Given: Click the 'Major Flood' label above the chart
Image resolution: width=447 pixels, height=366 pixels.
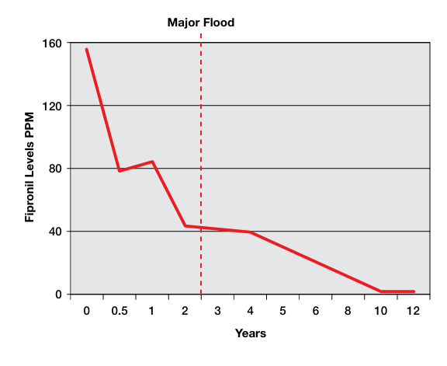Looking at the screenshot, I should [x=201, y=23].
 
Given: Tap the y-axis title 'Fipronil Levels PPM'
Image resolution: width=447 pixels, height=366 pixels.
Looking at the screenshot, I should [x=29, y=169].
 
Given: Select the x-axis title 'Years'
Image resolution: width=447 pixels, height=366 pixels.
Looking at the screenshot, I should [x=251, y=333].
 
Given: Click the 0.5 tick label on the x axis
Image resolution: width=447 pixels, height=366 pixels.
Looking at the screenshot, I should [x=120, y=311].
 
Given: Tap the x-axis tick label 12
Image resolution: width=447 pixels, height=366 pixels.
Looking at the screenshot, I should [x=413, y=311].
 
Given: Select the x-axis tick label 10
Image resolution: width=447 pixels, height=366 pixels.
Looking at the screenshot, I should [x=380, y=311].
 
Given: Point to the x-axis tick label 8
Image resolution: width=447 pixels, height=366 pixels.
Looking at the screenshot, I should [x=348, y=311].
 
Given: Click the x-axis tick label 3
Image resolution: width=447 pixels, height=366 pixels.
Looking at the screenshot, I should [x=217, y=311].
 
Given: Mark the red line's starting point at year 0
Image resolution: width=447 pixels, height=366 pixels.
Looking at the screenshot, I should [x=86, y=49].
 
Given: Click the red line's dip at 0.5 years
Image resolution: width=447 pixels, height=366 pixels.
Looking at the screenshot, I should [x=120, y=171].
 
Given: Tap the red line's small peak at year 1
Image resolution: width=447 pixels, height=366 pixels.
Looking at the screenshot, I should [x=152, y=162].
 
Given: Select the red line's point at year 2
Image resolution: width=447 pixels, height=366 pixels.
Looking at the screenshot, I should [x=185, y=226].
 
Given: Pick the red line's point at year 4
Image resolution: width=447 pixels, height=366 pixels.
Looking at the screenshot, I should [x=250, y=232].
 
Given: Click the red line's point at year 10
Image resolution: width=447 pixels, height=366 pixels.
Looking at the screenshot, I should [x=380, y=291].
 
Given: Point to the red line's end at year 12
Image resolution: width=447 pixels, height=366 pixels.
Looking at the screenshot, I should [x=414, y=291].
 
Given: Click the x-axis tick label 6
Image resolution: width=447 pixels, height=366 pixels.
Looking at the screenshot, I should [x=315, y=311].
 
